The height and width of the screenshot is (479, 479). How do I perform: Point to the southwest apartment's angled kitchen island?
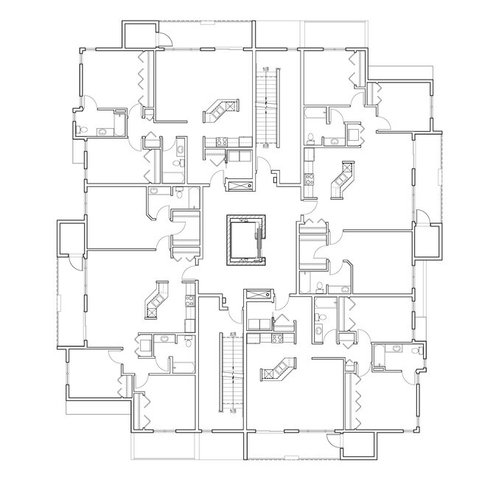[x=157, y=301]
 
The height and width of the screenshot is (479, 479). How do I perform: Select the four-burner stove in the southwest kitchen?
[x=189, y=300]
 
